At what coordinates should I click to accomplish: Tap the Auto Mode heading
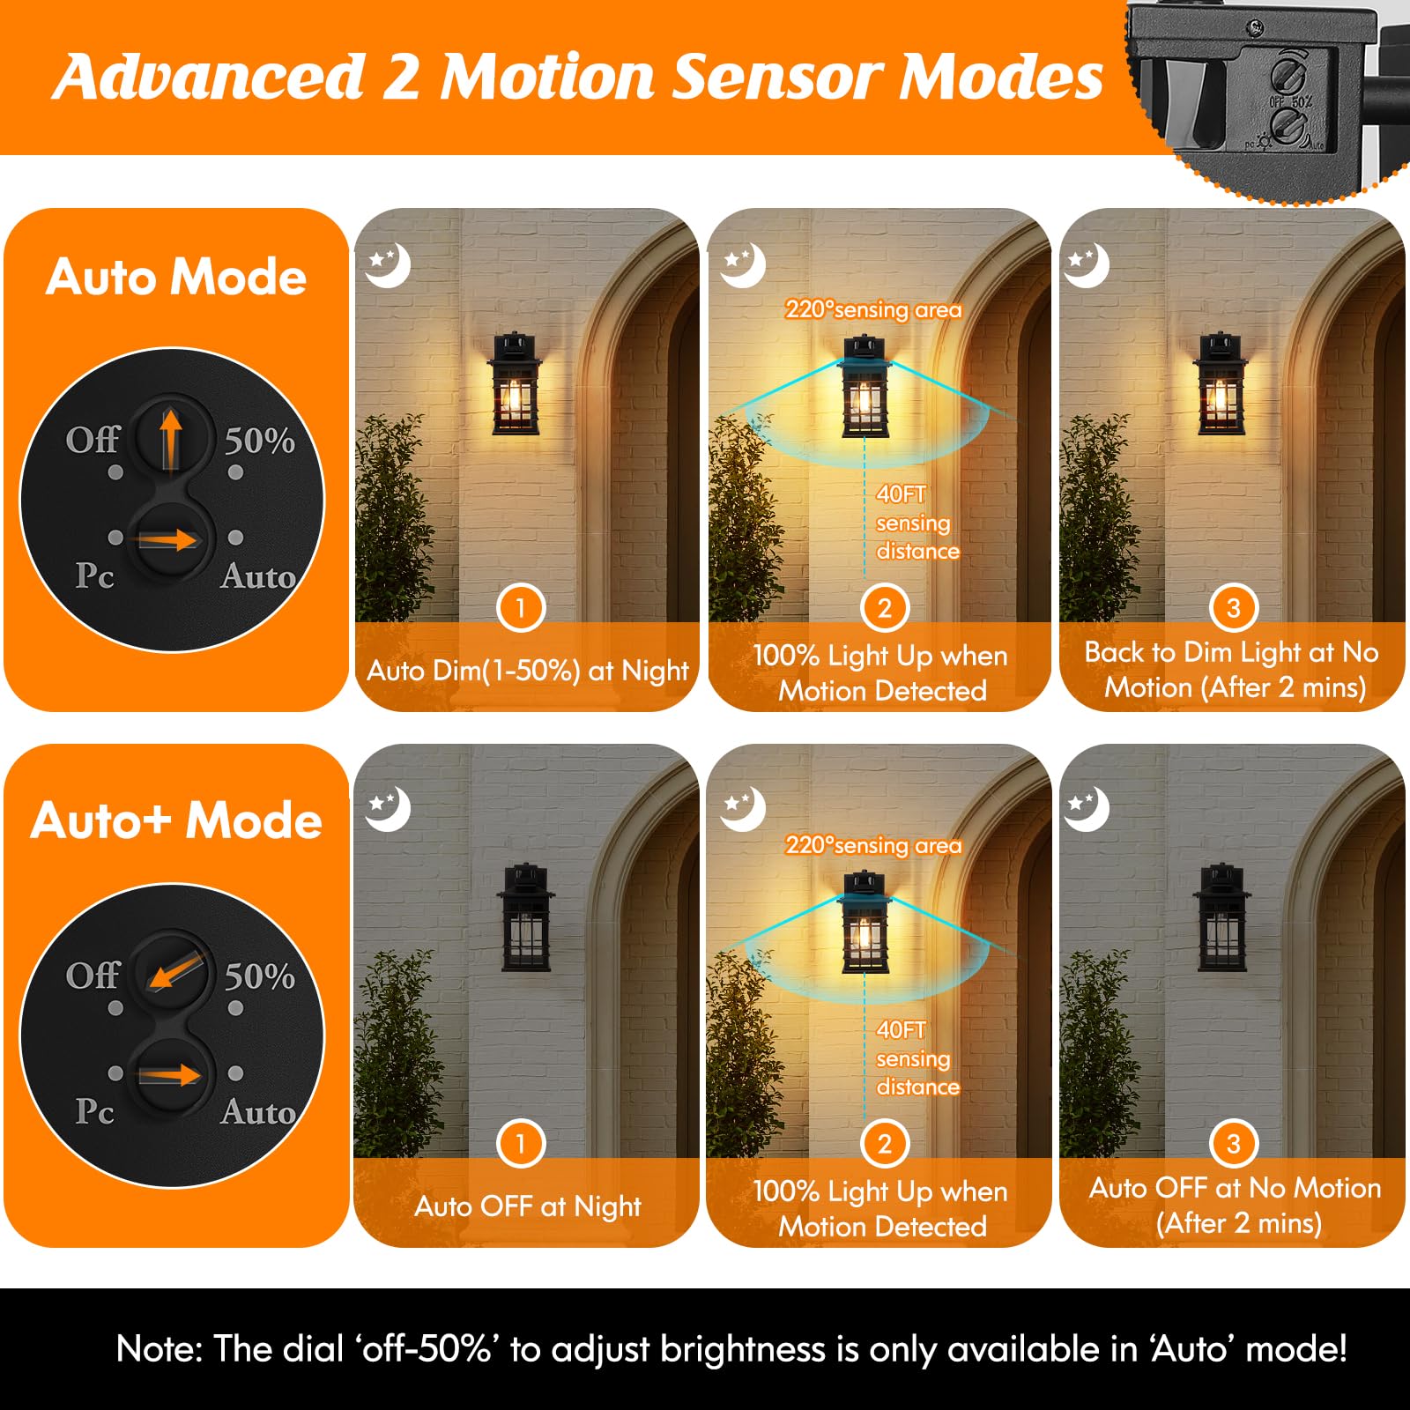click(176, 277)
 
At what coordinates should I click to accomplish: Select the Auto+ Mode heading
click(176, 820)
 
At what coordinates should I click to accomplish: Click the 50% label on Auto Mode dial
click(259, 441)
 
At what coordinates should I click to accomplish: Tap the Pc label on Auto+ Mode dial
click(94, 1111)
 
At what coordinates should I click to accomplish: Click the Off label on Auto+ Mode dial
click(92, 976)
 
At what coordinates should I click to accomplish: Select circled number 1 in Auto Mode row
click(520, 608)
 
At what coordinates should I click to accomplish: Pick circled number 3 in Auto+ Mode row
click(1233, 1144)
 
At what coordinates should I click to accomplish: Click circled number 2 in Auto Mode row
click(884, 608)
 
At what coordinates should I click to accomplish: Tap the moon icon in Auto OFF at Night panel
click(388, 808)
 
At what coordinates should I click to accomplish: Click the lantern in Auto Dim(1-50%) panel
click(516, 384)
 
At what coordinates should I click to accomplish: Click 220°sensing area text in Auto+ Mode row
click(873, 845)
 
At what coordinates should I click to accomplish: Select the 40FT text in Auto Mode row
click(901, 494)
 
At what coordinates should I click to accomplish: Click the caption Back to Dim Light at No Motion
click(1232, 670)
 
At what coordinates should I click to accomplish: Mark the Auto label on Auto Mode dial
click(258, 576)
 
